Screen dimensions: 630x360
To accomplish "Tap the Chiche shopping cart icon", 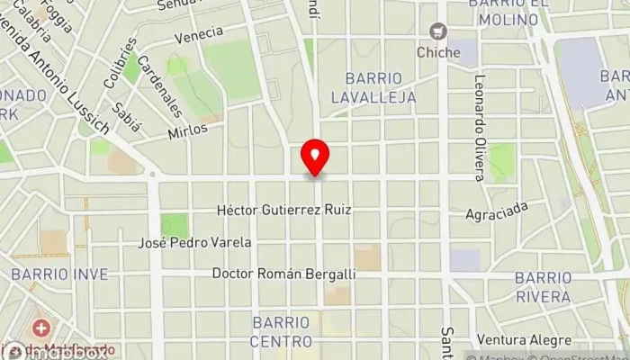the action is [438, 32].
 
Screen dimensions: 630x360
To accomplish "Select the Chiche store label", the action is [438, 52].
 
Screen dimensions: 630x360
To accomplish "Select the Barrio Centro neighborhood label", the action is [282, 330].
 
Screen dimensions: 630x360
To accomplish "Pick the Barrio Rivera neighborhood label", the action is [542, 287].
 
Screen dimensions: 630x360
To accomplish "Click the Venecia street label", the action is [199, 33].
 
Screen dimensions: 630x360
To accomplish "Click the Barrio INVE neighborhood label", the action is [60, 274].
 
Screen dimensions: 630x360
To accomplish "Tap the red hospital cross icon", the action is [40, 328].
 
